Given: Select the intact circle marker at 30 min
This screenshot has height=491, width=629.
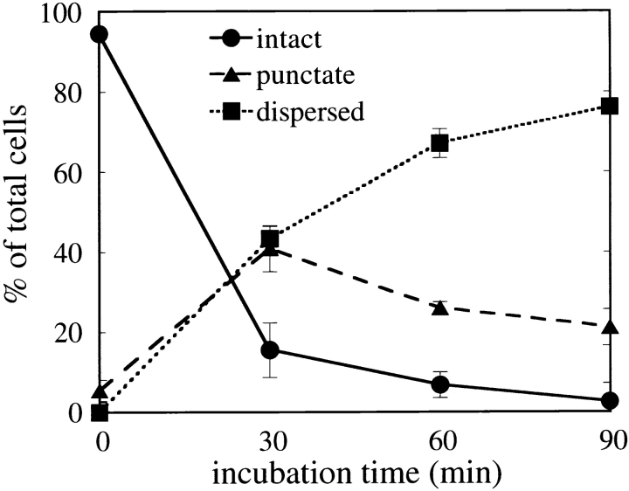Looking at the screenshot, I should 270,350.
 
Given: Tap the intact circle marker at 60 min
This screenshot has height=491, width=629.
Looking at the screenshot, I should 440,384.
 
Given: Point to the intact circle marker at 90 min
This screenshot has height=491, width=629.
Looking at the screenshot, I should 611,400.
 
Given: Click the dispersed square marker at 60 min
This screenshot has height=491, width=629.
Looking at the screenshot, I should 440,142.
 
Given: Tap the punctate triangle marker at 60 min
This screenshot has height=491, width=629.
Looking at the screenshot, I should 440,308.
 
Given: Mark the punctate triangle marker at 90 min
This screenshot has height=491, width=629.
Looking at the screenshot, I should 611,327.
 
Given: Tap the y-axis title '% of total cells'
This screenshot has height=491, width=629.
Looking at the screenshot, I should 20,211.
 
